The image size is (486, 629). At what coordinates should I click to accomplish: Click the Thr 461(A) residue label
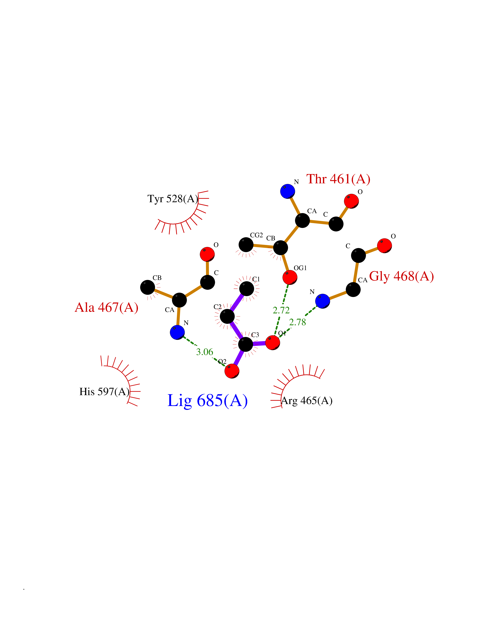(x=338, y=179)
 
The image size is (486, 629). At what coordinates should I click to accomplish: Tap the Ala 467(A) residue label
(x=107, y=308)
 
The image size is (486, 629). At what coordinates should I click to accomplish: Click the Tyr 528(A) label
(x=173, y=199)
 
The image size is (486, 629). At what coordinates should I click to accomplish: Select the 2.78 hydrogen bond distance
(x=297, y=322)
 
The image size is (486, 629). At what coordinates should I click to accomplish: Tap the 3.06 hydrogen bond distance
(x=205, y=352)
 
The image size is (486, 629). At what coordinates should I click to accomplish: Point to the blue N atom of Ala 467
(x=177, y=332)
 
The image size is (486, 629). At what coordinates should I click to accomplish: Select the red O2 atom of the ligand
(x=232, y=371)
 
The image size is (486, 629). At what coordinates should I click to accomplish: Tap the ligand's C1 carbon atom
(x=247, y=289)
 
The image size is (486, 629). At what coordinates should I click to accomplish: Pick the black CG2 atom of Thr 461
(x=246, y=245)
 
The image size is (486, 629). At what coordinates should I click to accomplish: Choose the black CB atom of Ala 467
(x=147, y=287)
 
